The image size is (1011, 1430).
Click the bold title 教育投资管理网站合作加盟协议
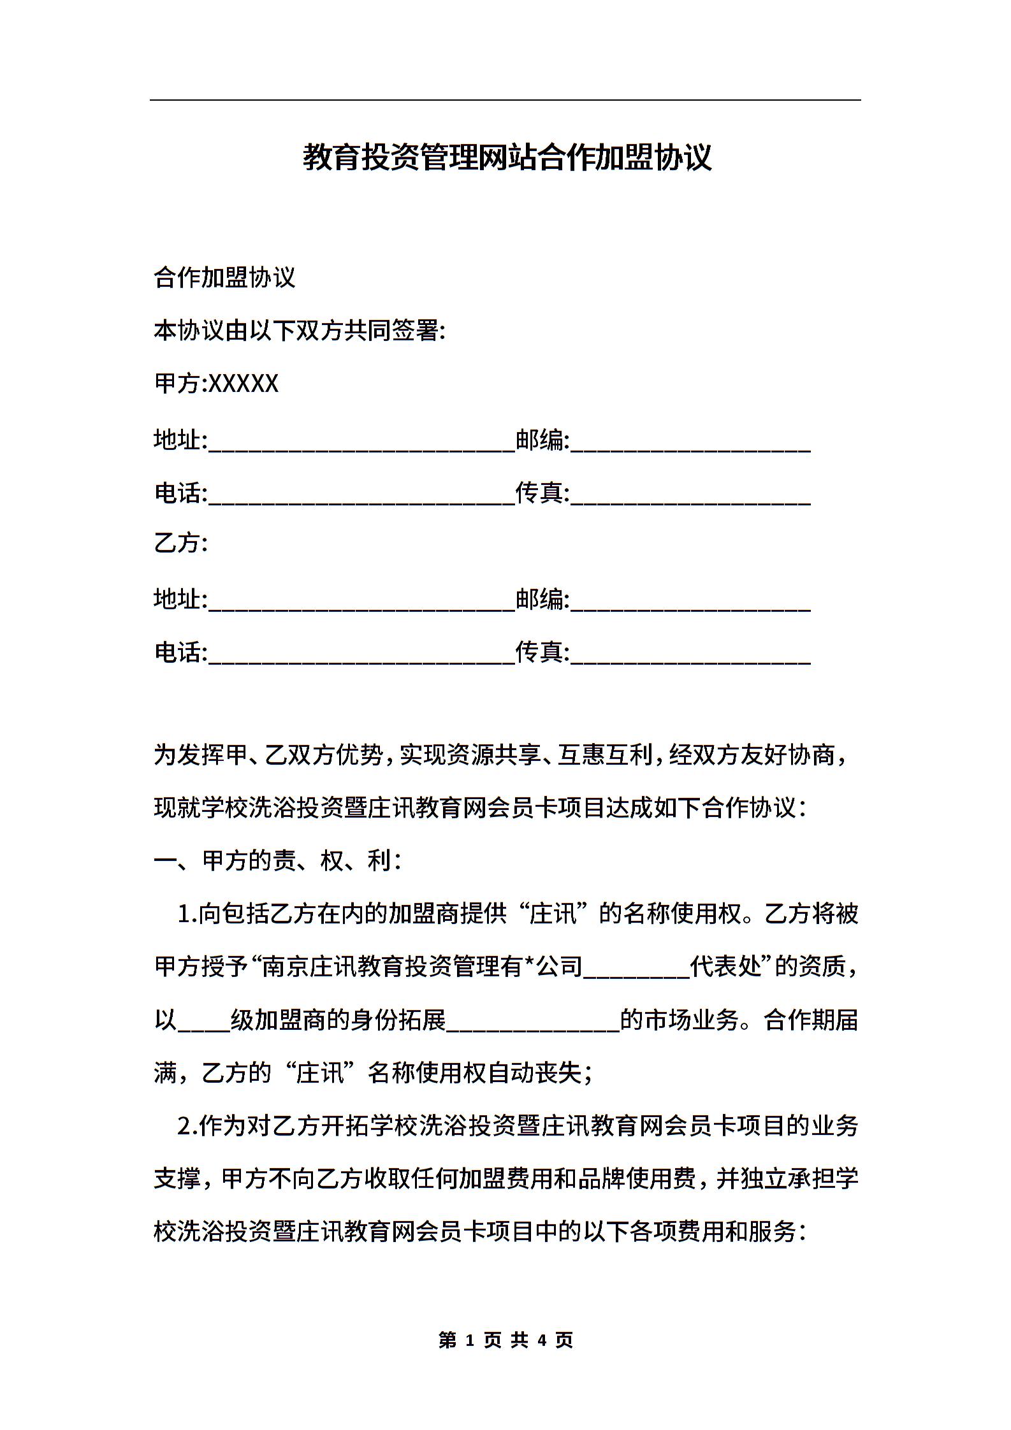pyautogui.click(x=507, y=157)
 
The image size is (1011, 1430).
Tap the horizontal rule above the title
pyautogui.click(x=505, y=100)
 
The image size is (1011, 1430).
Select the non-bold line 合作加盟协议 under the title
pyautogui.click(x=224, y=278)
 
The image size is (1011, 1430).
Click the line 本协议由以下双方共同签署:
pyautogui.click(x=299, y=331)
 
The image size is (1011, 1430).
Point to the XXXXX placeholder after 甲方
pyautogui.click(x=244, y=384)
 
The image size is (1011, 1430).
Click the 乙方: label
pyautogui.click(x=181, y=543)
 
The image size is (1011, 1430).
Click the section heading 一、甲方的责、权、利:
pyautogui.click(x=277, y=861)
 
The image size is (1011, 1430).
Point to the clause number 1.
pyautogui.click(x=185, y=914)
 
